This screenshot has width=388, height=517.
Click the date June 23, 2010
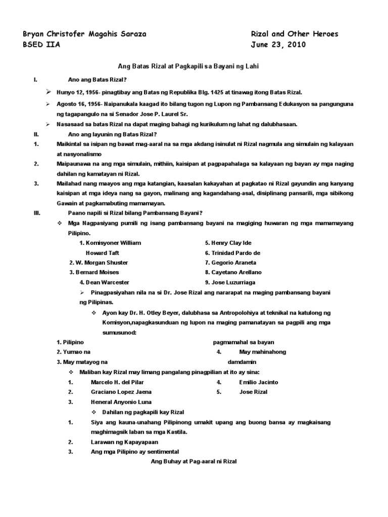(x=278, y=44)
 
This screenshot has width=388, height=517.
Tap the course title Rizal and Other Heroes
(x=295, y=34)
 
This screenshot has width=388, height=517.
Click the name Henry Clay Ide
(x=230, y=243)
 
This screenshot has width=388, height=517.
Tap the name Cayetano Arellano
(x=233, y=272)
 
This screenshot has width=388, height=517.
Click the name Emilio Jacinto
(x=258, y=382)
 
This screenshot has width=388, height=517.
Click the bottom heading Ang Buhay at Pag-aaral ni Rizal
(x=194, y=461)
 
